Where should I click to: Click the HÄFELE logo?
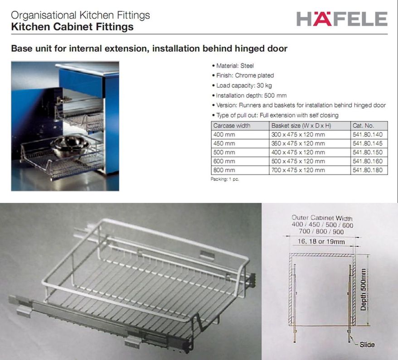point(342,19)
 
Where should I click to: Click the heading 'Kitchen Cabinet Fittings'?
point(73,27)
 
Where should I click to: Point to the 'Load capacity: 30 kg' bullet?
point(242,86)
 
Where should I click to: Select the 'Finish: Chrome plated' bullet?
point(243,76)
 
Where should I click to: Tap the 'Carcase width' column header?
point(232,126)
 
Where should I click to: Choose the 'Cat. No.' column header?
point(363,126)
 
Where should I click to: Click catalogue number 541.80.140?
point(368,134)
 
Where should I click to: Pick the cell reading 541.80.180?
point(368,170)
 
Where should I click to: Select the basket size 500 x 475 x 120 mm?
point(298,161)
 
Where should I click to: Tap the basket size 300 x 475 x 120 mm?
point(298,134)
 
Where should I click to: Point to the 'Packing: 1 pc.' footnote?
point(225,179)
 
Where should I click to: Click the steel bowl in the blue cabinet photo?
point(70,146)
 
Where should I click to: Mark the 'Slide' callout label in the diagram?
point(367,345)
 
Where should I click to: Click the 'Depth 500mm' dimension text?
point(364,290)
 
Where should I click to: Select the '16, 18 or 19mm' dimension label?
point(321,241)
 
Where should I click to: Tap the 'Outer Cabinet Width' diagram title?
point(322,218)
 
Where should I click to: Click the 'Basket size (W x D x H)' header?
point(301,126)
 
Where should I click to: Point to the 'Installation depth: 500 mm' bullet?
point(249,96)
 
